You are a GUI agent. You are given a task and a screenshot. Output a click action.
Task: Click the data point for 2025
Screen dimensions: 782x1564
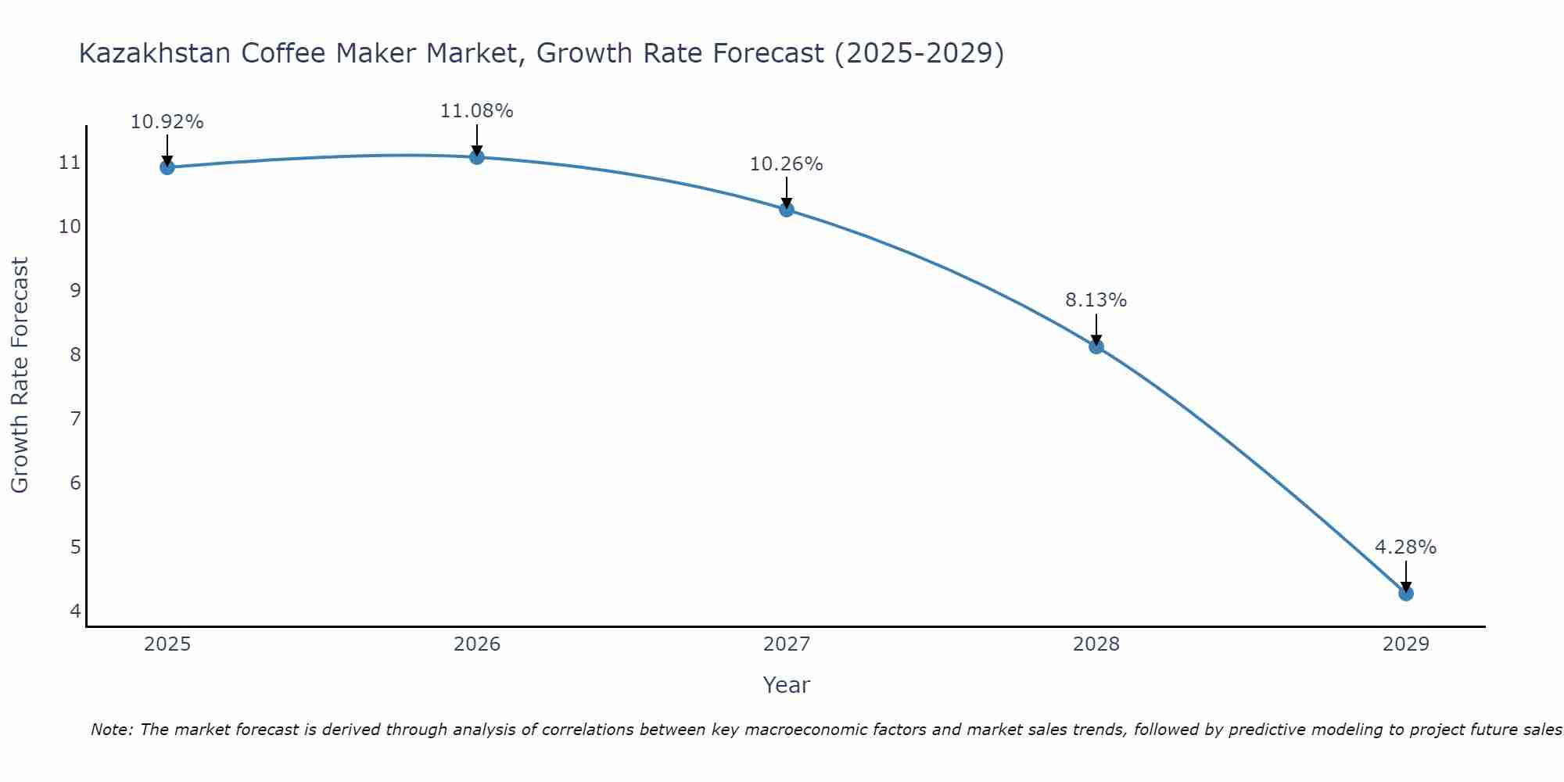[167, 167]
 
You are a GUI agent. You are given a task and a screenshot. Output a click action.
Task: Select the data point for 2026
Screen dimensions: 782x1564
[477, 156]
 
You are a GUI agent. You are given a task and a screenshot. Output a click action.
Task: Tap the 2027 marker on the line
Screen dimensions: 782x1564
[787, 209]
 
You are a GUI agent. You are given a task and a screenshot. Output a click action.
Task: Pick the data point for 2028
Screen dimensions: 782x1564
[1096, 346]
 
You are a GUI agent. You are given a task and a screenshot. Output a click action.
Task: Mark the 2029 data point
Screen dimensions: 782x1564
[1406, 593]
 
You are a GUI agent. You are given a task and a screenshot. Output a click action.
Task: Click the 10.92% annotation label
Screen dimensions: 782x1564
[167, 122]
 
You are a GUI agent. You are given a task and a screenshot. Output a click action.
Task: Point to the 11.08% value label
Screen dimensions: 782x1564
[476, 111]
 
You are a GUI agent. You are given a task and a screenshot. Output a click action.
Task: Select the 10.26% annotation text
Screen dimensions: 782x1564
[786, 164]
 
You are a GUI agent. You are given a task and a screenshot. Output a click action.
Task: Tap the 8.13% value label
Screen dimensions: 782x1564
[1096, 300]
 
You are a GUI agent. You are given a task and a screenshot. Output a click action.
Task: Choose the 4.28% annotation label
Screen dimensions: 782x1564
[1405, 547]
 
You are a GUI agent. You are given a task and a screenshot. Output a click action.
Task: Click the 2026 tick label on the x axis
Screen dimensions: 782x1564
[477, 644]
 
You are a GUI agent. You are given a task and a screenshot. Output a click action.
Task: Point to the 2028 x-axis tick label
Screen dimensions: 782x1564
[1096, 644]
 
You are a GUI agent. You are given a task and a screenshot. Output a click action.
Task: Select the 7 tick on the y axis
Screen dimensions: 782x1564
[75, 419]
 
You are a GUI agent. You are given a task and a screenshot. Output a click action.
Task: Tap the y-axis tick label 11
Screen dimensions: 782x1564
[70, 163]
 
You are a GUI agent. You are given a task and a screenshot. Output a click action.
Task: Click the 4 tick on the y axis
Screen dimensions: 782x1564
[75, 611]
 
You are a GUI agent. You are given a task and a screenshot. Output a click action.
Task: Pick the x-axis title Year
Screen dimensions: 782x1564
[786, 685]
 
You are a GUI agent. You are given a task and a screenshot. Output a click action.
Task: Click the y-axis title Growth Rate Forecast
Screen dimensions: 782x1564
[20, 375]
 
